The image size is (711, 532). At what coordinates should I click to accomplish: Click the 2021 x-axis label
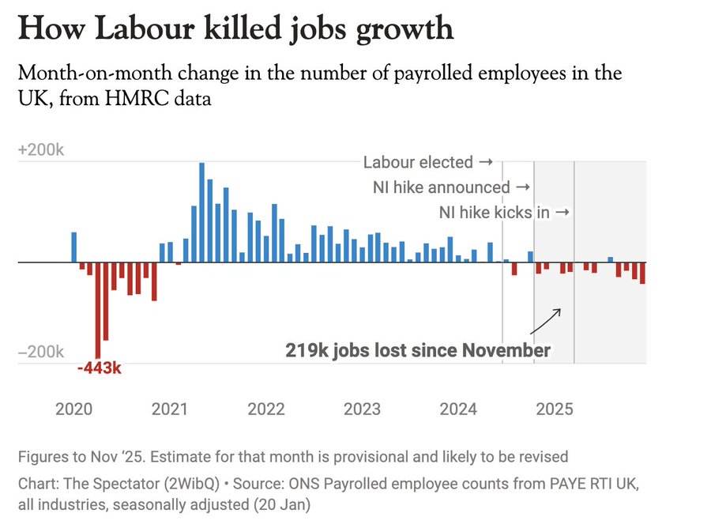(x=170, y=409)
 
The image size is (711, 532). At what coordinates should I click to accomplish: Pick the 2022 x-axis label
(x=266, y=409)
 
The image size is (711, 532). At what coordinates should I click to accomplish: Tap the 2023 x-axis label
(x=362, y=409)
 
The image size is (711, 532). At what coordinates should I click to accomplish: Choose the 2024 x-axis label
(x=458, y=409)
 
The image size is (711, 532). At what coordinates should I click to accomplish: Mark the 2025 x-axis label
(x=555, y=409)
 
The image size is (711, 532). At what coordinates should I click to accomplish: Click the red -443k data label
(x=100, y=368)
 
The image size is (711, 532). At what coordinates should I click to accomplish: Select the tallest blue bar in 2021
(x=201, y=212)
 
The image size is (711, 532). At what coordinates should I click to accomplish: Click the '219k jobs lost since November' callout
(x=418, y=350)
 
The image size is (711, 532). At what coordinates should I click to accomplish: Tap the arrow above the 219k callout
(x=545, y=321)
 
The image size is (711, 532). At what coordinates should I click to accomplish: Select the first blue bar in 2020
(x=74, y=247)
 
